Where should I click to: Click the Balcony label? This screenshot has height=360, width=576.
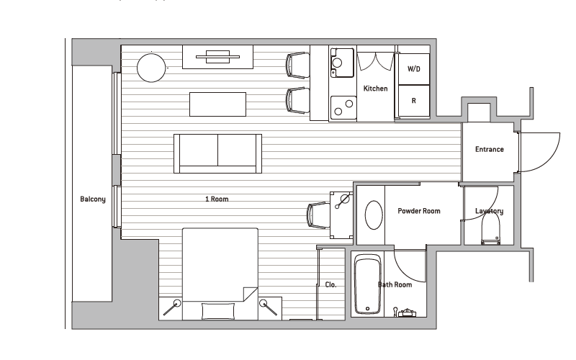click(93, 199)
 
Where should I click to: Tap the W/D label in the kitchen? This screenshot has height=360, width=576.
click(413, 69)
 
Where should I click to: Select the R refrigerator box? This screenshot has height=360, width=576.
click(414, 101)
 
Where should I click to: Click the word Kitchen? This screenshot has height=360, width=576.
click(375, 89)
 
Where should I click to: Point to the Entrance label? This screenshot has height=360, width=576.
click(490, 149)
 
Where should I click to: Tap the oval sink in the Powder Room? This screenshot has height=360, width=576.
click(374, 215)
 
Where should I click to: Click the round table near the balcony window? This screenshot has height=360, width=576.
click(151, 68)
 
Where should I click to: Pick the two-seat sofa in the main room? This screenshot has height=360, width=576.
click(218, 153)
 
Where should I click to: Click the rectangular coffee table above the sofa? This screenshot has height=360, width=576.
click(218, 104)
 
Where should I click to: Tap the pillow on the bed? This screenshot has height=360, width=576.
click(218, 311)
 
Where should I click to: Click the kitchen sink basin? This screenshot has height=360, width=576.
click(342, 63)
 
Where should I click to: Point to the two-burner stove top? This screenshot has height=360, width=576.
click(343, 107)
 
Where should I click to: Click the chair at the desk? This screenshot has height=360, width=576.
click(318, 215)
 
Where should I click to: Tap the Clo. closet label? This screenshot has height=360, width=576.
click(330, 284)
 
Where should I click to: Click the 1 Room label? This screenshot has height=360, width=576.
click(217, 199)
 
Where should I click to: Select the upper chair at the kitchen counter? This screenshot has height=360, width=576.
click(297, 66)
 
